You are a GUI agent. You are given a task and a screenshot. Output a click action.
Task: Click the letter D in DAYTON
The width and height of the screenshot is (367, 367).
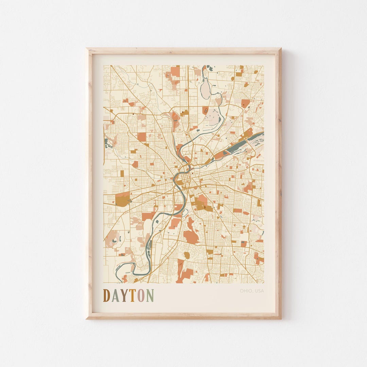107,296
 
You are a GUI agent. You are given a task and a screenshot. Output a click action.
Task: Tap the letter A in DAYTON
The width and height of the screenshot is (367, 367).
116,296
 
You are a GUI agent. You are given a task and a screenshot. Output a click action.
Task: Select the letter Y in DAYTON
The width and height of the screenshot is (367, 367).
124,296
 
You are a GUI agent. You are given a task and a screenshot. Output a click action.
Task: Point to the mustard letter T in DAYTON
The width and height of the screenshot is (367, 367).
132,296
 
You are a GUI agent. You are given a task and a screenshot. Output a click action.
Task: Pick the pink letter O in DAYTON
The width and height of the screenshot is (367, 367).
141,296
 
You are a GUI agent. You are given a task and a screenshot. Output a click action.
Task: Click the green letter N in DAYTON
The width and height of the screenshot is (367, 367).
150,296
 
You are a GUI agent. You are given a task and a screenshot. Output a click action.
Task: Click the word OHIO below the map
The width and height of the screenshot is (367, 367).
246,291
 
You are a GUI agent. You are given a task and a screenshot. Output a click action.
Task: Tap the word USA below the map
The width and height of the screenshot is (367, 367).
259,291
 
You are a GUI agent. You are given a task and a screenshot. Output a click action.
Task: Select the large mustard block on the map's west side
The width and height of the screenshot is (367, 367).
122,199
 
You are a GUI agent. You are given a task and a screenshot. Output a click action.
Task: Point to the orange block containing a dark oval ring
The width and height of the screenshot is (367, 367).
205,110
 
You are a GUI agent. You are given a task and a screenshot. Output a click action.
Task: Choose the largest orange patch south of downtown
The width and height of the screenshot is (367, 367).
191,237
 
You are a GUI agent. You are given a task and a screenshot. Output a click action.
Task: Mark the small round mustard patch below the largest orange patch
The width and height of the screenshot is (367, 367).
187,255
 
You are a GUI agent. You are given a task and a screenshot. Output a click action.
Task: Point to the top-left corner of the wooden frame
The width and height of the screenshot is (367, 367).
87,49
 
